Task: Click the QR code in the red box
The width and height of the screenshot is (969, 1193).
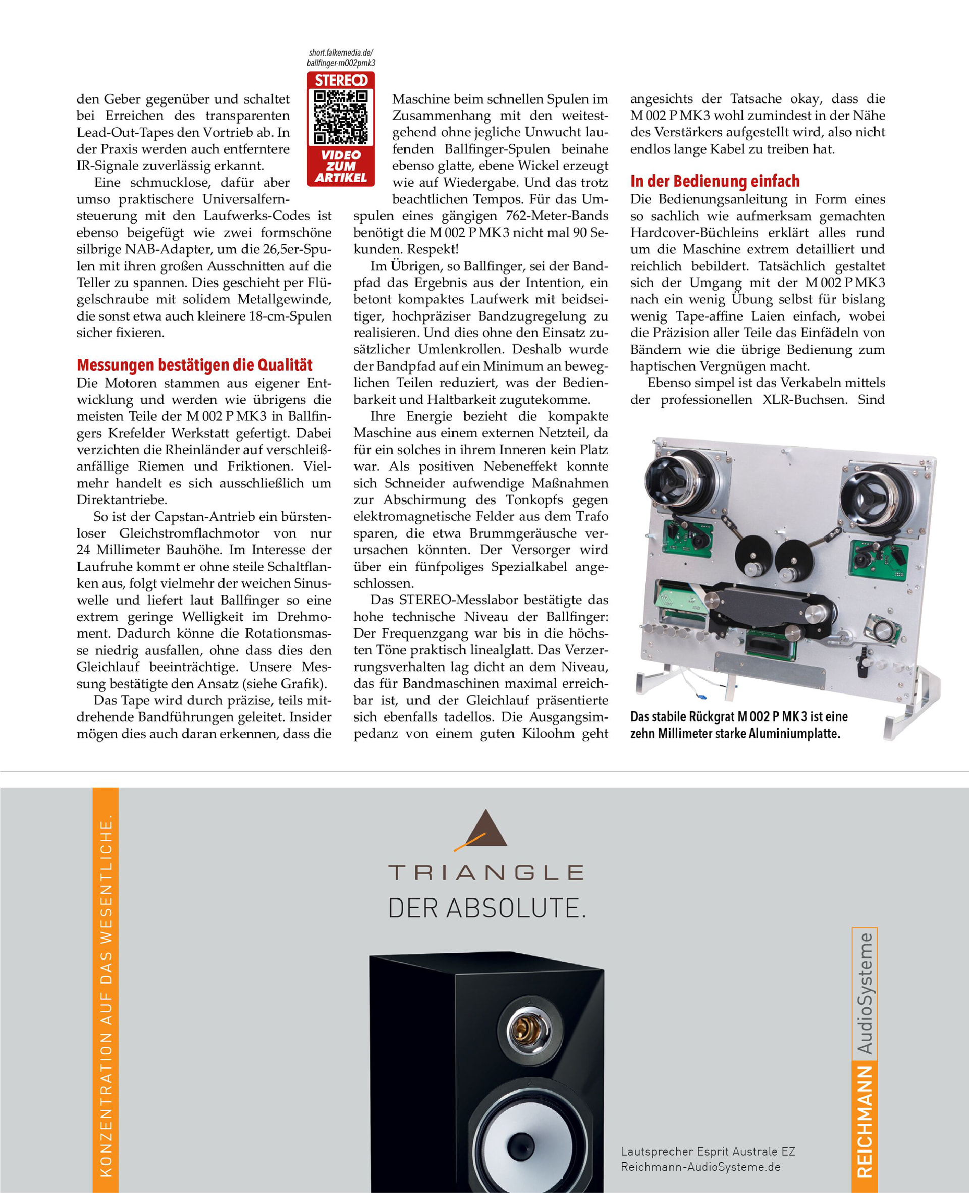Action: click(x=341, y=117)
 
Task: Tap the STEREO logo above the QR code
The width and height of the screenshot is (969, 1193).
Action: click(x=341, y=80)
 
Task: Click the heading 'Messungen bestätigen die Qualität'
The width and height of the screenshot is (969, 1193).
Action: click(x=194, y=365)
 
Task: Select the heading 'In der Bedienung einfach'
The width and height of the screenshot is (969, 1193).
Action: click(x=715, y=181)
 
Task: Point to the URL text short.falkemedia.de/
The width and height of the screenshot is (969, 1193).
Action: click(x=341, y=53)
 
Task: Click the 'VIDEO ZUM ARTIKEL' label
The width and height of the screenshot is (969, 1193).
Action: click(x=341, y=167)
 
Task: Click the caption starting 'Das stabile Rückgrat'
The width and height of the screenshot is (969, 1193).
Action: click(x=738, y=724)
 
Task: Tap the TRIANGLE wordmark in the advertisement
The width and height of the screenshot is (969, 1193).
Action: click(x=486, y=872)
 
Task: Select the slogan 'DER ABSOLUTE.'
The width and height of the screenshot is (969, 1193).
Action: click(x=487, y=908)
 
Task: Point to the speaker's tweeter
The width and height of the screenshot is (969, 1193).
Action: click(x=527, y=1029)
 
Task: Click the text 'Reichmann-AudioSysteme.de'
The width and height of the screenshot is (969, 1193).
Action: click(x=700, y=1166)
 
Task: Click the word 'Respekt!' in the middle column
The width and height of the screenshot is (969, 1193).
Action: click(x=433, y=249)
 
